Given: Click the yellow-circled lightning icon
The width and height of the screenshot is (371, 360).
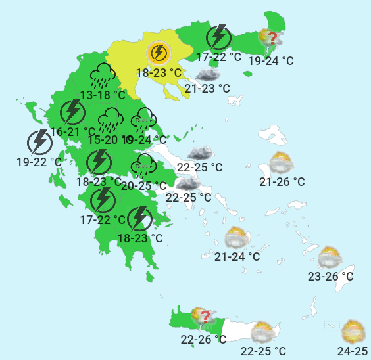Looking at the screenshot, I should tap(159, 52).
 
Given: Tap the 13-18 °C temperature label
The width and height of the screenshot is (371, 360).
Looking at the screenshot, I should tap(103, 95).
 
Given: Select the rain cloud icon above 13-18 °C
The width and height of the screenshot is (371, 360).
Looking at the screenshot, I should tap(103, 76).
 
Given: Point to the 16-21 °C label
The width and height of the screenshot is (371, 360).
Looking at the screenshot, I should tap(73, 132).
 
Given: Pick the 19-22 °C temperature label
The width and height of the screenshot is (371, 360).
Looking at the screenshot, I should tap(39, 161).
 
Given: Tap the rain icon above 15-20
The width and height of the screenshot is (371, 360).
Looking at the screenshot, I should tap(110, 120).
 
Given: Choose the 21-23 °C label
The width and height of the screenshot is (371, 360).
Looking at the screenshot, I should tap(207, 88).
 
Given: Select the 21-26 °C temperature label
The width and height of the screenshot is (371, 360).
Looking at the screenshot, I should tap(282, 182).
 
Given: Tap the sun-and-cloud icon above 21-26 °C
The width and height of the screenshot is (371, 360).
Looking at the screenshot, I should tap(282, 162).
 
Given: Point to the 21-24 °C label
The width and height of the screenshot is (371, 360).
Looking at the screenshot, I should tap(237, 256).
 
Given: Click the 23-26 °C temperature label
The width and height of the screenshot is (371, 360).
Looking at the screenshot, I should tap(331, 277).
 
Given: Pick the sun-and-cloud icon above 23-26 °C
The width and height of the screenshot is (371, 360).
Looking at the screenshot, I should tap(330, 257).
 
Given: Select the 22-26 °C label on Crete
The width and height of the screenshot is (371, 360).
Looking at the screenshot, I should tap(203, 339).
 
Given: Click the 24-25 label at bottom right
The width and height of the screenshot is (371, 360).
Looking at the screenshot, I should tap(354, 351).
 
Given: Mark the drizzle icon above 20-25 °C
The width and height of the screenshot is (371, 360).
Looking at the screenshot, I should tap(143, 166).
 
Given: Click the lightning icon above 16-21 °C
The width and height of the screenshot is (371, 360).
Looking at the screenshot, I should tap(72, 113).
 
